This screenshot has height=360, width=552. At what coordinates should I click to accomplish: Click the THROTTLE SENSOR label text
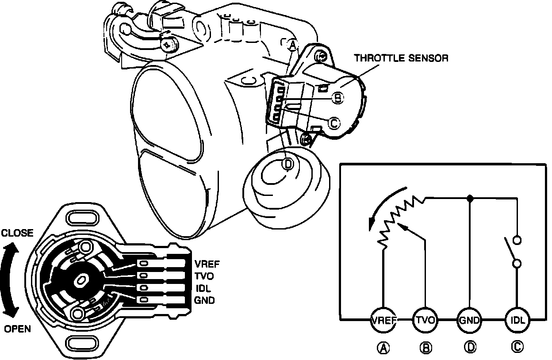tap(401, 58)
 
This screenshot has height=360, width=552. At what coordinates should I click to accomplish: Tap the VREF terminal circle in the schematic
tap(383, 319)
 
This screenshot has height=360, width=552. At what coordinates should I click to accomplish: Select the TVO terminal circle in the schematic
tap(425, 319)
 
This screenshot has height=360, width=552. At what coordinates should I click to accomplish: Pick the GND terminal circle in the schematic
tap(469, 319)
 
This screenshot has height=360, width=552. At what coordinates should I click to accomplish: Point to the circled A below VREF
tap(383, 348)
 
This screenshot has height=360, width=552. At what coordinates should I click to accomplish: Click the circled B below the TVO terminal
tap(425, 348)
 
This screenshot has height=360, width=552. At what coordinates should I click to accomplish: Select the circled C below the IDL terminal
tap(517, 348)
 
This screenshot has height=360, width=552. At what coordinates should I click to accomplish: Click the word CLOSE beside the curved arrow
tap(17, 233)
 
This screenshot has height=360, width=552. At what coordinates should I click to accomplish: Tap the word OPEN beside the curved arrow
tap(17, 329)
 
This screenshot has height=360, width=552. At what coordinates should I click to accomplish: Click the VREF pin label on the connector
tap(207, 264)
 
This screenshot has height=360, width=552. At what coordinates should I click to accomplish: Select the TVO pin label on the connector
tap(204, 276)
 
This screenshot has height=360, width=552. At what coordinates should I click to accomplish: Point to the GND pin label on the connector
tap(205, 300)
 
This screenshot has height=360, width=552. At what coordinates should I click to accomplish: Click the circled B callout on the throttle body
tap(337, 97)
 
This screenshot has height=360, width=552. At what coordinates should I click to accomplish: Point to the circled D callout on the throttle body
tap(287, 164)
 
